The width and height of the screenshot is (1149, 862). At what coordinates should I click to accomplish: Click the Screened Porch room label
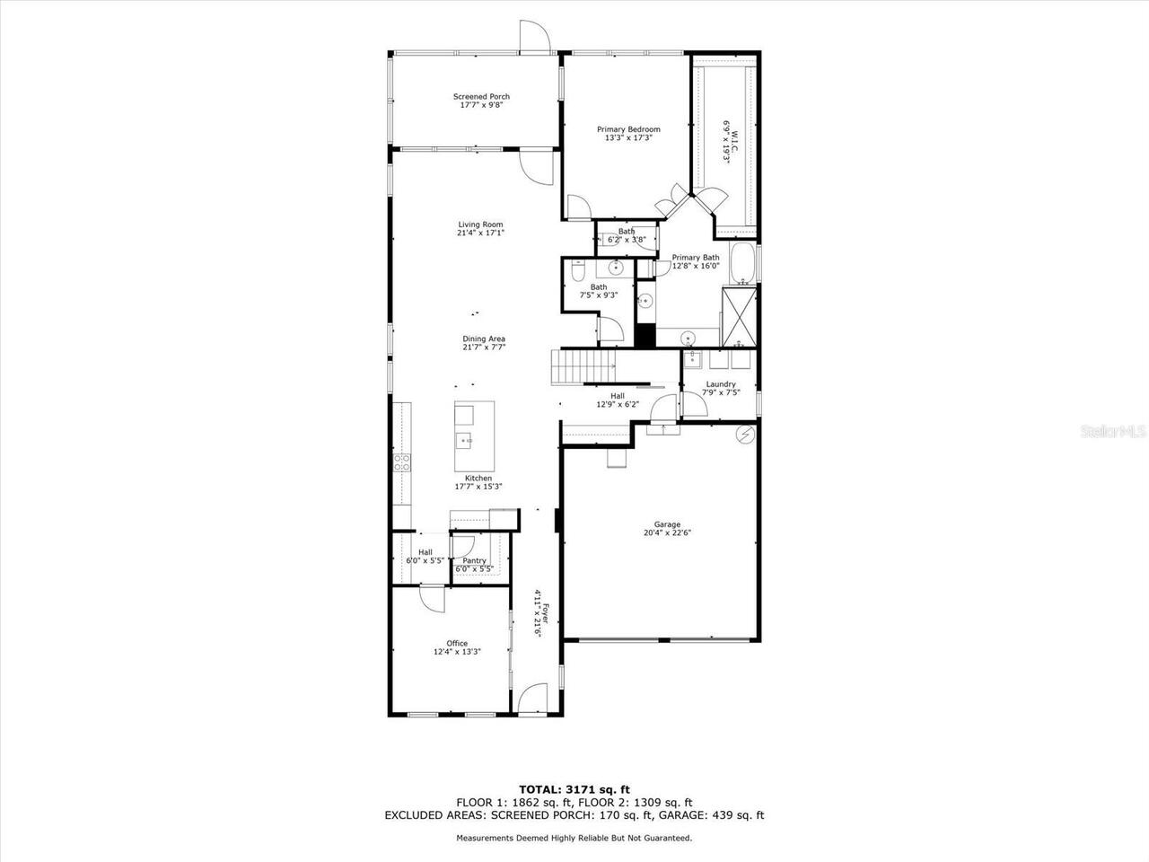coord(481,96)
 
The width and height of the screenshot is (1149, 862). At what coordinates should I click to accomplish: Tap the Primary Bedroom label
coord(628,129)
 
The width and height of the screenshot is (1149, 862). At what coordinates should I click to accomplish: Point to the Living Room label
coord(480,224)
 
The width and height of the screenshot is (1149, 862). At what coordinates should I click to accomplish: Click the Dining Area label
coord(484,339)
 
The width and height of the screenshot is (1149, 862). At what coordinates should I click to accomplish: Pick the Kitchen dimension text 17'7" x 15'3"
coord(478,487)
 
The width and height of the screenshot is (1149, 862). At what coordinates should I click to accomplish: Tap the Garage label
coord(667,524)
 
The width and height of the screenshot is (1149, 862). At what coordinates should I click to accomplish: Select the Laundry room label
coord(721,384)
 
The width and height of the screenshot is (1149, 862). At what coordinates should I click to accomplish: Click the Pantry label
coord(475,561)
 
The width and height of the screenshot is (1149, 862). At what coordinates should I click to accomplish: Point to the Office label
coord(457,643)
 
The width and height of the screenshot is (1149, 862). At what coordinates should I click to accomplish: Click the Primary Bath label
coord(696,258)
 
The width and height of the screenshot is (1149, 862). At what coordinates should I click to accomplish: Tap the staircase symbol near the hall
coord(583,367)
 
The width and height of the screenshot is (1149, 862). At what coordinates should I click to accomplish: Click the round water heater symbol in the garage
coord(745,435)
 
